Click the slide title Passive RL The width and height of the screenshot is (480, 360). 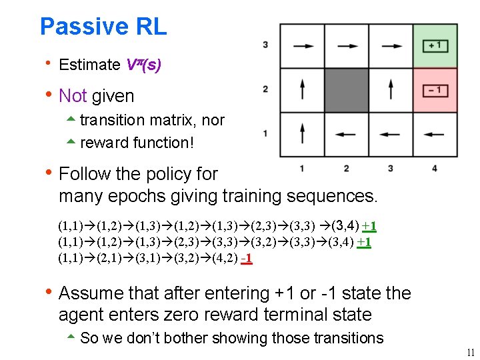click(103, 27)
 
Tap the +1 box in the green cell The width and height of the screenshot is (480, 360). click(435, 46)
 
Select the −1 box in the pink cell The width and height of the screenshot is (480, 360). click(435, 90)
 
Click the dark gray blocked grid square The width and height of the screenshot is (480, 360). click(346, 90)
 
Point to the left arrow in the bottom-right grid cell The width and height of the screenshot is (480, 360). click(435, 134)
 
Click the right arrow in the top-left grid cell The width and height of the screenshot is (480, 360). click(302, 46)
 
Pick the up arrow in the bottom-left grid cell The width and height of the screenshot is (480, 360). click(302, 133)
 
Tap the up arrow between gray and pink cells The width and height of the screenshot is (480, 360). click(391, 90)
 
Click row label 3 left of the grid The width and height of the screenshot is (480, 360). click(265, 45)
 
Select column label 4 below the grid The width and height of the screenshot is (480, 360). click(435, 169)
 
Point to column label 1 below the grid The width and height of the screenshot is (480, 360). click(302, 169)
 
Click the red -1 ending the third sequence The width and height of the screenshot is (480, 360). click(246, 257)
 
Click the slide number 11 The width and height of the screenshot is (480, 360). click(470, 353)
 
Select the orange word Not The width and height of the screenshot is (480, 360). click(73, 96)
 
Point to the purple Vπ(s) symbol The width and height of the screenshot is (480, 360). click(143, 65)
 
